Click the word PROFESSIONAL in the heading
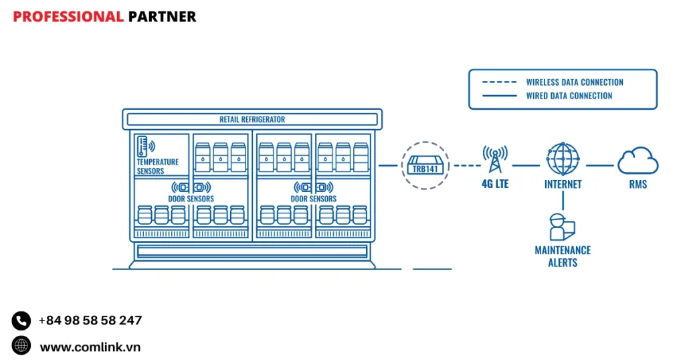(x=68, y=17)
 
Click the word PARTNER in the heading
(x=162, y=17)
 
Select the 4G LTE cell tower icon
(x=495, y=159)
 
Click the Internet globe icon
(x=563, y=159)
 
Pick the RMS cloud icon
(x=638, y=161)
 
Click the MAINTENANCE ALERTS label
(x=563, y=256)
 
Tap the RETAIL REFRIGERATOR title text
(x=252, y=120)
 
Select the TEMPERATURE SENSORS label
(x=157, y=167)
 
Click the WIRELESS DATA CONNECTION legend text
(x=575, y=82)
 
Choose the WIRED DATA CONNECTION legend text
(x=569, y=96)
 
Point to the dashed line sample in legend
(x=499, y=82)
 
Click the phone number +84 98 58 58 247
(x=90, y=321)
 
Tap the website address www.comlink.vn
(x=90, y=347)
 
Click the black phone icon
(x=21, y=321)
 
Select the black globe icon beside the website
(x=21, y=346)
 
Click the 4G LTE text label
(x=495, y=183)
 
